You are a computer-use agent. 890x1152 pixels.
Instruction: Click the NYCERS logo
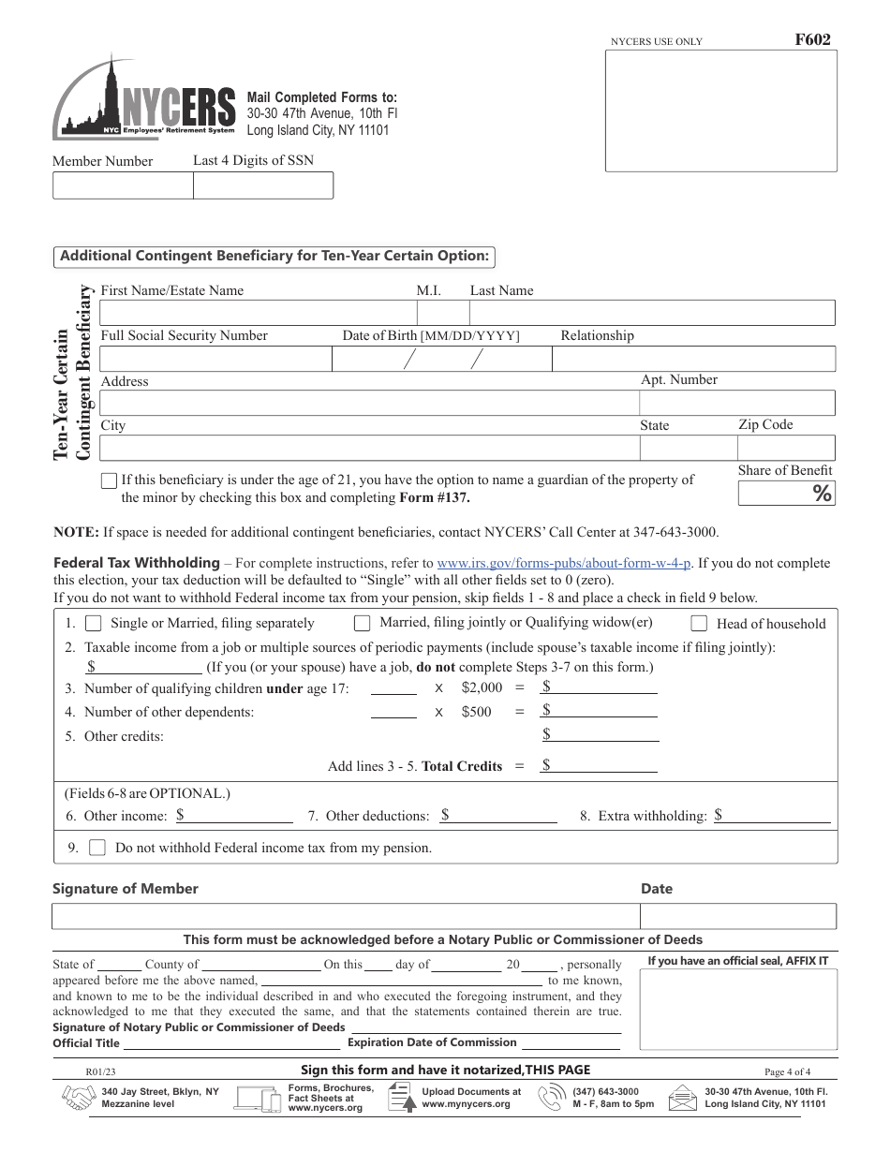144,99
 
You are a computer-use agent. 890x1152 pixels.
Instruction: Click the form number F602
811,39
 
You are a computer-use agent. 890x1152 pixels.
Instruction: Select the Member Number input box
123,185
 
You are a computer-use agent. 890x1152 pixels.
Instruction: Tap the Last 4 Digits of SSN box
262,185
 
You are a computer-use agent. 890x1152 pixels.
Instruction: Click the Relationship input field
692,359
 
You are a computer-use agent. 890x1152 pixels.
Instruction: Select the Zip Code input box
785,448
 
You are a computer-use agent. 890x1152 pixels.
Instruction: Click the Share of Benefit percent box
785,494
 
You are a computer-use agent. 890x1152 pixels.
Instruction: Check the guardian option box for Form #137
109,480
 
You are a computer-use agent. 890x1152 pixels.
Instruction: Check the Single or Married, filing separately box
94,624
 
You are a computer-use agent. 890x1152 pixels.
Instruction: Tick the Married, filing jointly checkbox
362,623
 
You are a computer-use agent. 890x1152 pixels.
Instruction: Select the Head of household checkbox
699,624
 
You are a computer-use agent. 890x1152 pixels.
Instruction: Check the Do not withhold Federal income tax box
97,848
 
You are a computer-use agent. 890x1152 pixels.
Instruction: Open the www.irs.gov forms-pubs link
564,564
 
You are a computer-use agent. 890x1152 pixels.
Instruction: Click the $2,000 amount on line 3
482,687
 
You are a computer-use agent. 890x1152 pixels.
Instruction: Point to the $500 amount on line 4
476,712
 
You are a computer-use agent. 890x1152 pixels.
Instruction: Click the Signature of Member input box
346,916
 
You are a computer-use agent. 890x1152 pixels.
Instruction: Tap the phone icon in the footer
551,1098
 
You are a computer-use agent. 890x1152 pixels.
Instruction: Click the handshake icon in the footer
77,1098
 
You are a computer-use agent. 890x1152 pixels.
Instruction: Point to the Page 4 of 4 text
787,1071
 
